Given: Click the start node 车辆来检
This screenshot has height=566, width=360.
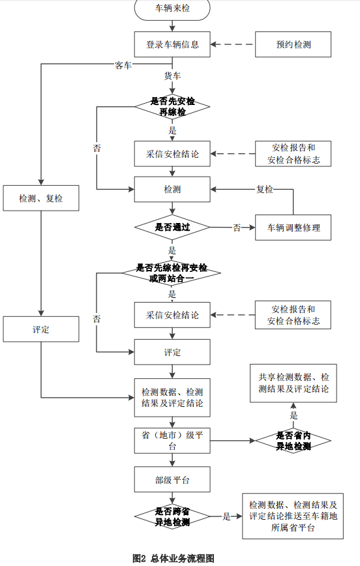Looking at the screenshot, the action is [x=172, y=8].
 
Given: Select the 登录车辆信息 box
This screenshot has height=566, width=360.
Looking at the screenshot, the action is [x=172, y=44].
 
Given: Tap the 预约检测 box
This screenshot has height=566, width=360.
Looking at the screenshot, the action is [x=293, y=44].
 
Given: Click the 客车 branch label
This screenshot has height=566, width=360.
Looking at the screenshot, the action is [x=123, y=65].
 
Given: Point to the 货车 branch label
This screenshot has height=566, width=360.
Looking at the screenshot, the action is [x=172, y=76].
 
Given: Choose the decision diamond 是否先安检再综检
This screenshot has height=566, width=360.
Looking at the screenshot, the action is [x=172, y=106].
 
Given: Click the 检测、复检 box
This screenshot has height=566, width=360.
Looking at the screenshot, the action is [x=41, y=198].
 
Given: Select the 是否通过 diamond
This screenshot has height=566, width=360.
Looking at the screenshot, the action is [x=172, y=228].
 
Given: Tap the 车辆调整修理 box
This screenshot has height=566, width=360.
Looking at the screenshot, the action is [x=293, y=228].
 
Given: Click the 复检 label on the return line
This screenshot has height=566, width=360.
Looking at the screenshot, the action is [x=265, y=189].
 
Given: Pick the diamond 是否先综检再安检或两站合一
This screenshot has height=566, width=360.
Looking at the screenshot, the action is [x=172, y=273].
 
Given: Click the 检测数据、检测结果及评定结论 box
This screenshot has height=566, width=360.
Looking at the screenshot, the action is [x=172, y=398].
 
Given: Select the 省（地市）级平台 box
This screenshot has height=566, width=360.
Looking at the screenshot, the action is [x=172, y=441].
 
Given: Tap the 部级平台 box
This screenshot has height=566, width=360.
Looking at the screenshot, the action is [x=172, y=479].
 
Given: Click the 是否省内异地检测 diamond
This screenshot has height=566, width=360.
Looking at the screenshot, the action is [x=293, y=441].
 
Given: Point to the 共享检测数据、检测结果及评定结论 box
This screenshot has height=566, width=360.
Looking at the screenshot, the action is [x=293, y=383].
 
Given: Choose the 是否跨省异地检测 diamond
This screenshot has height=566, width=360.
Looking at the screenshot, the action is [x=172, y=516].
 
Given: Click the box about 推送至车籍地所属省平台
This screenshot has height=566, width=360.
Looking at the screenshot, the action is [x=293, y=516].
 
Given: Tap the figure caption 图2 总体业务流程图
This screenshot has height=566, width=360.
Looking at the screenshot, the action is [x=173, y=558].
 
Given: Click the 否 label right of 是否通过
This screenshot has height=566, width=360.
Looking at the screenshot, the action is [x=237, y=228].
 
